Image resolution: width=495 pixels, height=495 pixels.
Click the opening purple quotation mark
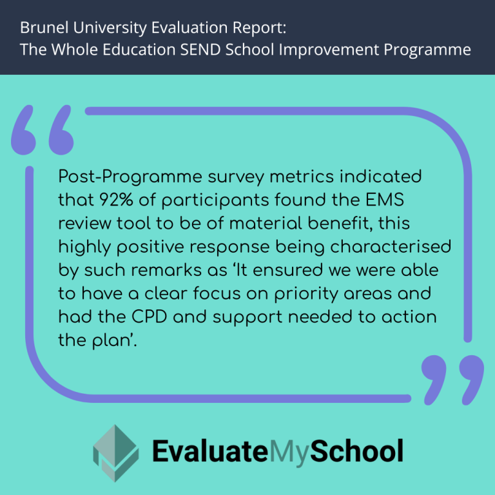point(43,131)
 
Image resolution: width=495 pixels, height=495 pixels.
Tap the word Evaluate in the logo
point(208,451)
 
